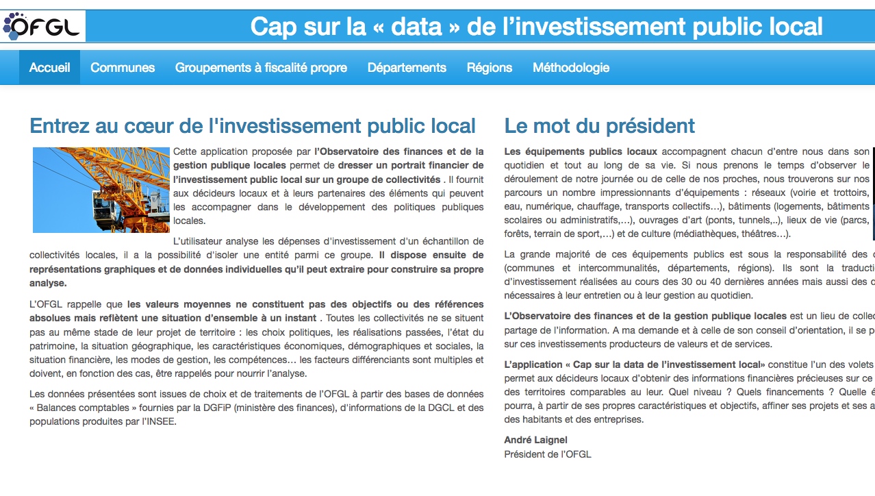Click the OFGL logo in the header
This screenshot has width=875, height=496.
tap(42, 26)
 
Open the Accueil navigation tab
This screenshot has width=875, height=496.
tap(49, 68)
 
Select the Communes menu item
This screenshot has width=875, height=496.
tap(123, 68)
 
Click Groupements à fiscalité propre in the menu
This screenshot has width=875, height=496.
tap(261, 68)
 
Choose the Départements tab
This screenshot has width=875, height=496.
tap(407, 68)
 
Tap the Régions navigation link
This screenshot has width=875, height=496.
tap(490, 68)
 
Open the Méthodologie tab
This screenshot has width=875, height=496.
tap(571, 68)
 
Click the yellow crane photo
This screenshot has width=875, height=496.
tap(101, 190)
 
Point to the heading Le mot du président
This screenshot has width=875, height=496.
tap(599, 126)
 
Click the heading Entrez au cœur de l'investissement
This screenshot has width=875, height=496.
tap(253, 126)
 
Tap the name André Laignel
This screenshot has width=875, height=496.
tap(535, 440)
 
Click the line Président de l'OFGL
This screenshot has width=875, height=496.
tap(547, 454)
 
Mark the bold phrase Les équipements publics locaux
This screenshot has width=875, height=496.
tap(580, 151)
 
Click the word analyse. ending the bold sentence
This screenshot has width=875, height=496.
tap(48, 283)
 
